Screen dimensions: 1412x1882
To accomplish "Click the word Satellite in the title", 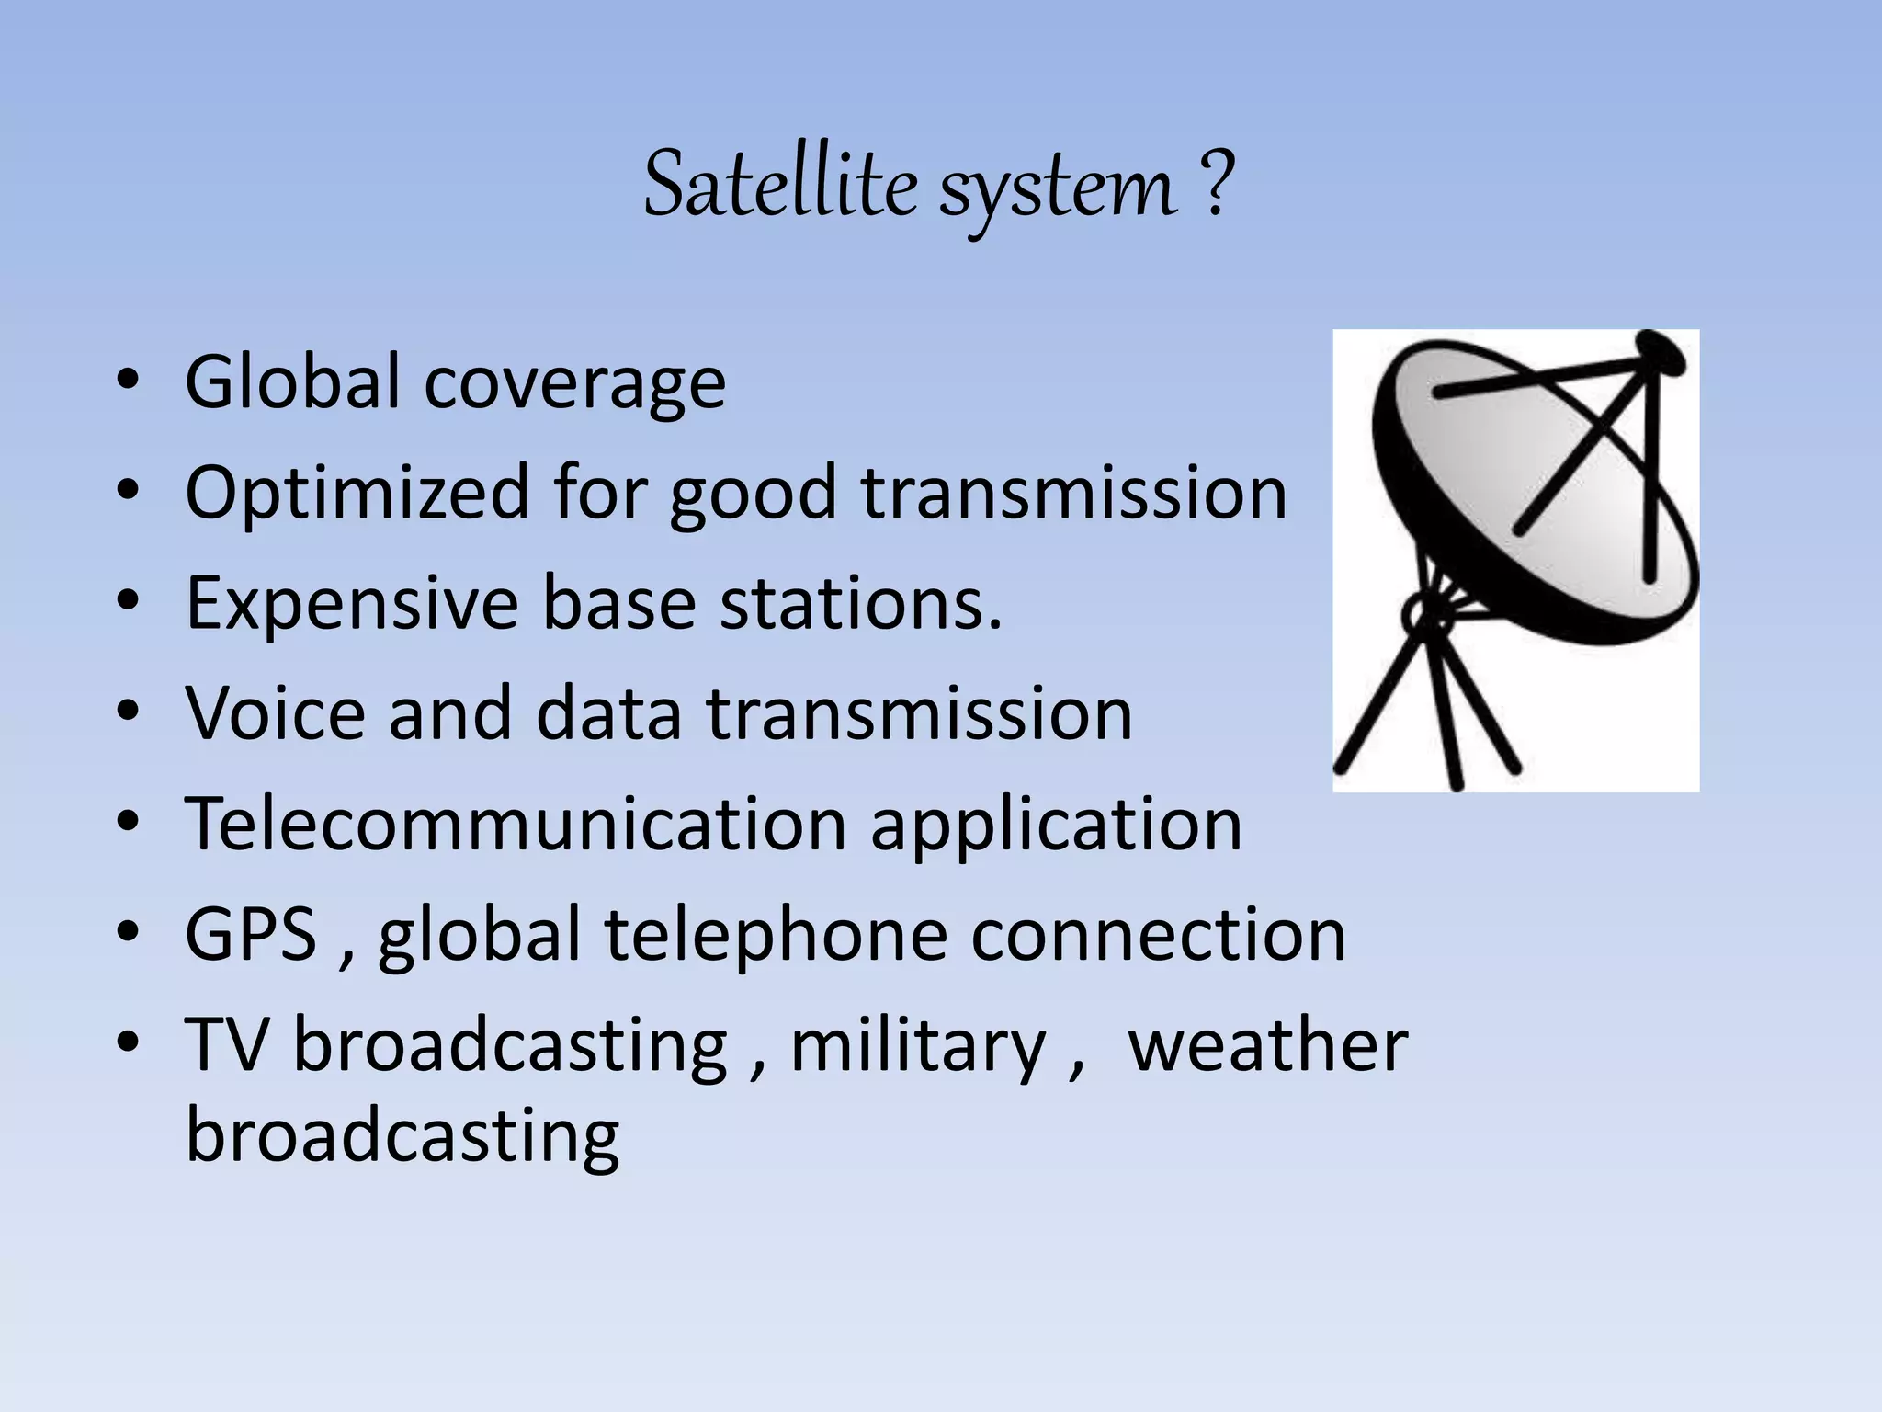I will coord(779,187).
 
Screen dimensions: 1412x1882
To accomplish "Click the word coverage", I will coord(574,384).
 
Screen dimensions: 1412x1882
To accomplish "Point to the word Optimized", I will coord(357,494).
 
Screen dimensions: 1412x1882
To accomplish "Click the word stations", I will coord(860,603).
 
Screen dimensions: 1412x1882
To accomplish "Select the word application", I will coord(1056,826).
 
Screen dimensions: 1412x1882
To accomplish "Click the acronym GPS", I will coord(251,934).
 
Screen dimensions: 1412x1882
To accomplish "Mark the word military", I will coord(918,1046).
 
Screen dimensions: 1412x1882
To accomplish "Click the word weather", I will coord(1267,1044).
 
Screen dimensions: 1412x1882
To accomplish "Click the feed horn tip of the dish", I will coord(1661,350).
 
